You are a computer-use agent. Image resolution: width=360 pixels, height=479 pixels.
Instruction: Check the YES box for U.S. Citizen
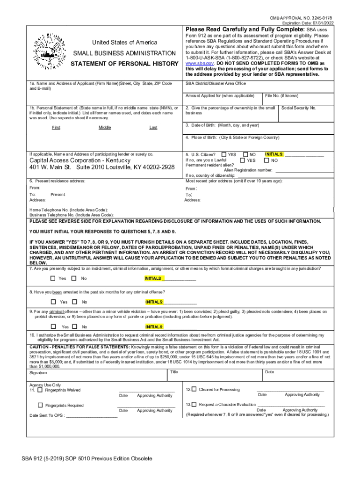(224, 154)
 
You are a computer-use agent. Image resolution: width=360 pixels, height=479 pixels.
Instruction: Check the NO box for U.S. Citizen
(246, 154)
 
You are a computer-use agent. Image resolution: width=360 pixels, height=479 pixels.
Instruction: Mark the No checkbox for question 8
(75, 302)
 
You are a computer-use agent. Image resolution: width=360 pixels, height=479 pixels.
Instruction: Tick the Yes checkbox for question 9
(53, 327)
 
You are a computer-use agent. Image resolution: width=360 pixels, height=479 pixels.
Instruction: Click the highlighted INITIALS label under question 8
(154, 302)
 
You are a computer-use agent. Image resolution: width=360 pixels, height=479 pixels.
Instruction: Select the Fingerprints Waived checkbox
(40, 390)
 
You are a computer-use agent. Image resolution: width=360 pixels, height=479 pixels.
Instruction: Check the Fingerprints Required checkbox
(40, 405)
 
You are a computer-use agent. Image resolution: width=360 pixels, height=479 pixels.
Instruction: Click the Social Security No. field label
(299, 108)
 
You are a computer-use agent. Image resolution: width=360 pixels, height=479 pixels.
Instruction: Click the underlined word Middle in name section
(105, 128)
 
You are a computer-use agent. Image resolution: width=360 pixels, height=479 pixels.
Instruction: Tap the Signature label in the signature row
(38, 373)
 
